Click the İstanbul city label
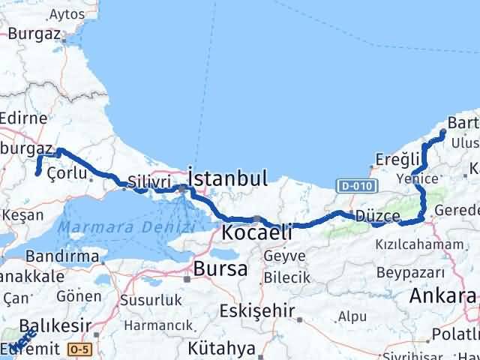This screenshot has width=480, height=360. [x=228, y=178]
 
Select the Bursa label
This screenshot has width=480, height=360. [x=220, y=268]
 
